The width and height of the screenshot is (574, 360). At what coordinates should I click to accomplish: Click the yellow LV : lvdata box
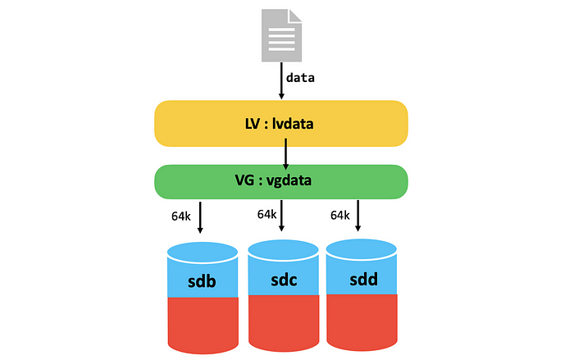[281, 124]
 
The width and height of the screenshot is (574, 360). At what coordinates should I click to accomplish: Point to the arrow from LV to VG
[285, 153]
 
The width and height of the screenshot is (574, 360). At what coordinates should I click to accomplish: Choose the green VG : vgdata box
[281, 181]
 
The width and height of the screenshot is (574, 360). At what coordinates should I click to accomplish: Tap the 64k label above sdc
[266, 214]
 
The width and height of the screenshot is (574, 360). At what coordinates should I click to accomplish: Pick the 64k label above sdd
[340, 215]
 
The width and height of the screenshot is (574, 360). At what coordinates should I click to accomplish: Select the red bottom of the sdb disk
[203, 324]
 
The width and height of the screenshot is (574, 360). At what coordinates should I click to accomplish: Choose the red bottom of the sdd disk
[362, 321]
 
